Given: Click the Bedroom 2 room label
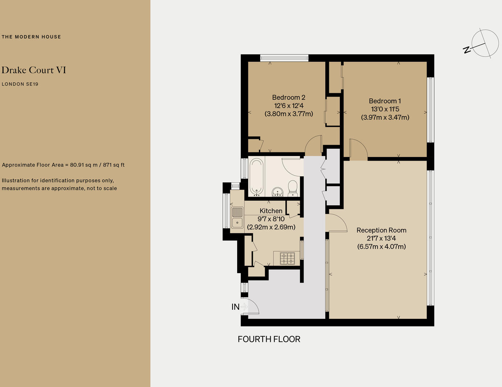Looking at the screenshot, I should [x=289, y=98].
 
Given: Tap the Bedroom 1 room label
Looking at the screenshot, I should [x=385, y=101].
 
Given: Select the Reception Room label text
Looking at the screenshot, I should [x=381, y=230].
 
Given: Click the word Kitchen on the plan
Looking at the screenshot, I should [x=271, y=211].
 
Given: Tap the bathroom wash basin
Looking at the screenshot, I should [x=277, y=192].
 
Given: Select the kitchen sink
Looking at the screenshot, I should [x=237, y=217].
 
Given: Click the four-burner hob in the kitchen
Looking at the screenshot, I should [x=287, y=258].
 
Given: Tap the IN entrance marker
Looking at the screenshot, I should [x=236, y=307].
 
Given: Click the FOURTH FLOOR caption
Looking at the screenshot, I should [x=269, y=339].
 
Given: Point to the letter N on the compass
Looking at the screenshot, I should [x=467, y=50].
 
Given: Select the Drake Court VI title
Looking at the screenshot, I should [x=34, y=70].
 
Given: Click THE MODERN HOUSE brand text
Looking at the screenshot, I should [x=31, y=37].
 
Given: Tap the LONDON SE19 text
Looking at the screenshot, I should [x=20, y=84].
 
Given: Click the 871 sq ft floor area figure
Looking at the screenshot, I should [x=114, y=165].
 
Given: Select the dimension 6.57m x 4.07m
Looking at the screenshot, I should [x=381, y=247].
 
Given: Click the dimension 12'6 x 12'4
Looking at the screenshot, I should [x=289, y=106].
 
